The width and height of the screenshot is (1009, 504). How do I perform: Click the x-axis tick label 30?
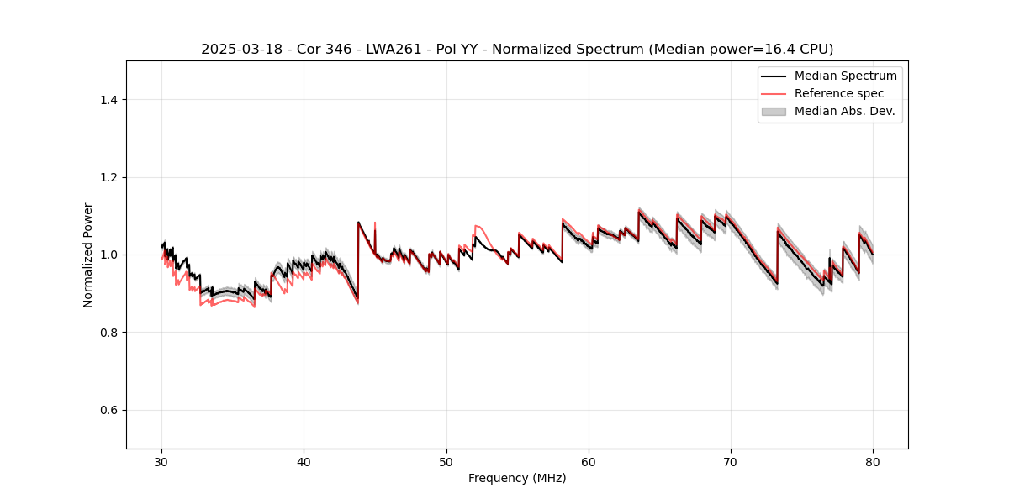tap(162, 462)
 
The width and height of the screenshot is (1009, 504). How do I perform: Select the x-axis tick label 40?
tap(304, 462)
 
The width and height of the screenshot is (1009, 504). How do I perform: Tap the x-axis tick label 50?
tap(446, 462)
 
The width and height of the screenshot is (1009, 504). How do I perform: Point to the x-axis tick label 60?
tap(589, 462)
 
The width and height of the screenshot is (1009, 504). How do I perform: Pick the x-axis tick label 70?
tap(731, 462)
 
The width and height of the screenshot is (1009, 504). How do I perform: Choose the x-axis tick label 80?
tap(873, 462)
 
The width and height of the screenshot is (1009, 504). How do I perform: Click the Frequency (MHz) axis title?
tap(517, 478)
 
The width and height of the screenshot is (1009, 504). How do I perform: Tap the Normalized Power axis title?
tap(87, 255)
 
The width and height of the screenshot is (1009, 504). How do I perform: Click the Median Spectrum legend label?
tap(845, 76)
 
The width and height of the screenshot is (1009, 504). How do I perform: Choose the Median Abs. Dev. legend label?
tap(844, 111)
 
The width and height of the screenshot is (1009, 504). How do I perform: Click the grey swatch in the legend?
tap(774, 111)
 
